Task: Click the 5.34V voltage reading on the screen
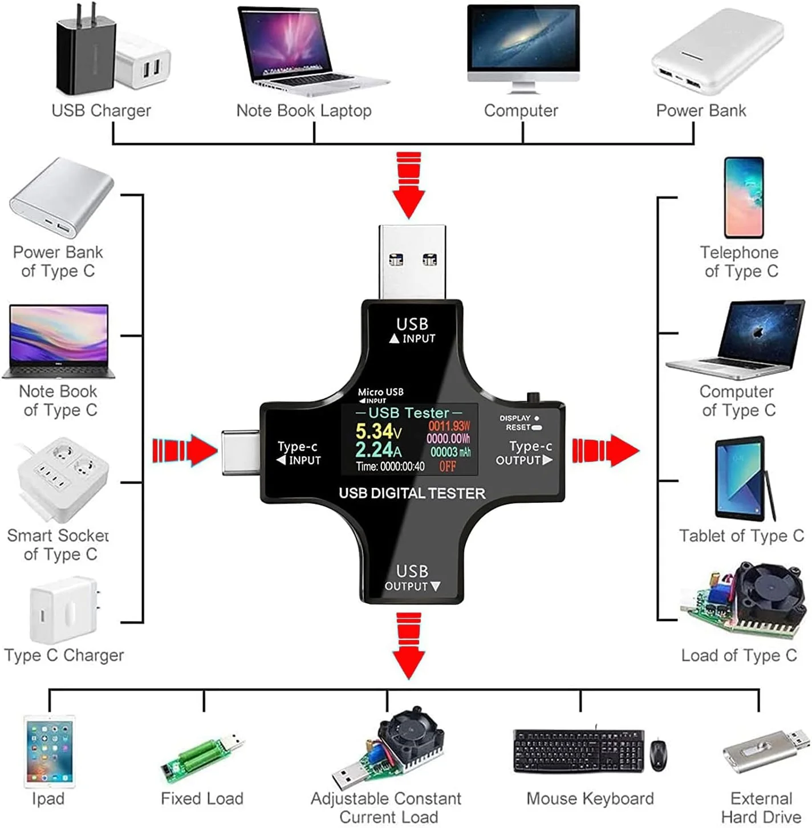[378, 432]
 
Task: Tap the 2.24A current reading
[377, 450]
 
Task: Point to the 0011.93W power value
[449, 426]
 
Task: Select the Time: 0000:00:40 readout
[390, 466]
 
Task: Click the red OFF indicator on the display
[448, 466]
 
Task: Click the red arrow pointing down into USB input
[409, 185]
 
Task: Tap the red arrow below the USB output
[409, 646]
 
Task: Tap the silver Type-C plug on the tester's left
[241, 453]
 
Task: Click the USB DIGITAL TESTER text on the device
[412, 493]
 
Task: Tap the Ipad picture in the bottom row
[49, 752]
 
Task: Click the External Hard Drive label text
[761, 807]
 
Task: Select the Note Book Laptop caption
[304, 111]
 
